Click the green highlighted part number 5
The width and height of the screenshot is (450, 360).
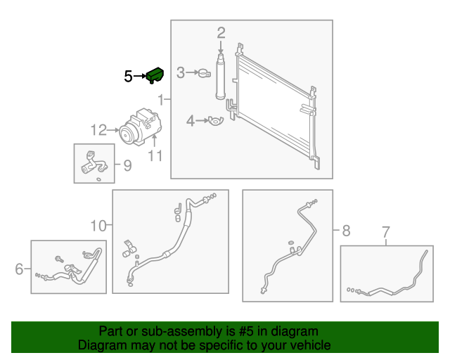click(155, 75)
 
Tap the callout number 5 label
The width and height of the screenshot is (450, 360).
click(128, 76)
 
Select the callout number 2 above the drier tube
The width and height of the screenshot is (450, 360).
click(221, 32)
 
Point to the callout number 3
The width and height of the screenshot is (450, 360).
click(181, 72)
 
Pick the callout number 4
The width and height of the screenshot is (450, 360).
click(190, 122)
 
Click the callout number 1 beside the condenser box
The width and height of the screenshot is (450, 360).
click(162, 100)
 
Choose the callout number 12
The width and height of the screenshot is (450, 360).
click(98, 129)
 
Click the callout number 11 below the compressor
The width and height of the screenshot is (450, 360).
click(155, 155)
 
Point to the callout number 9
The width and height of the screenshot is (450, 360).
click(127, 166)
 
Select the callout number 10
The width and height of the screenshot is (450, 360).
click(98, 226)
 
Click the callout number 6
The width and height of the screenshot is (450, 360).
click(19, 268)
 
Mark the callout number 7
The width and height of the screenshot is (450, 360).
click(385, 231)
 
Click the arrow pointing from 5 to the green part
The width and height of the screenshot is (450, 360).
click(139, 76)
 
